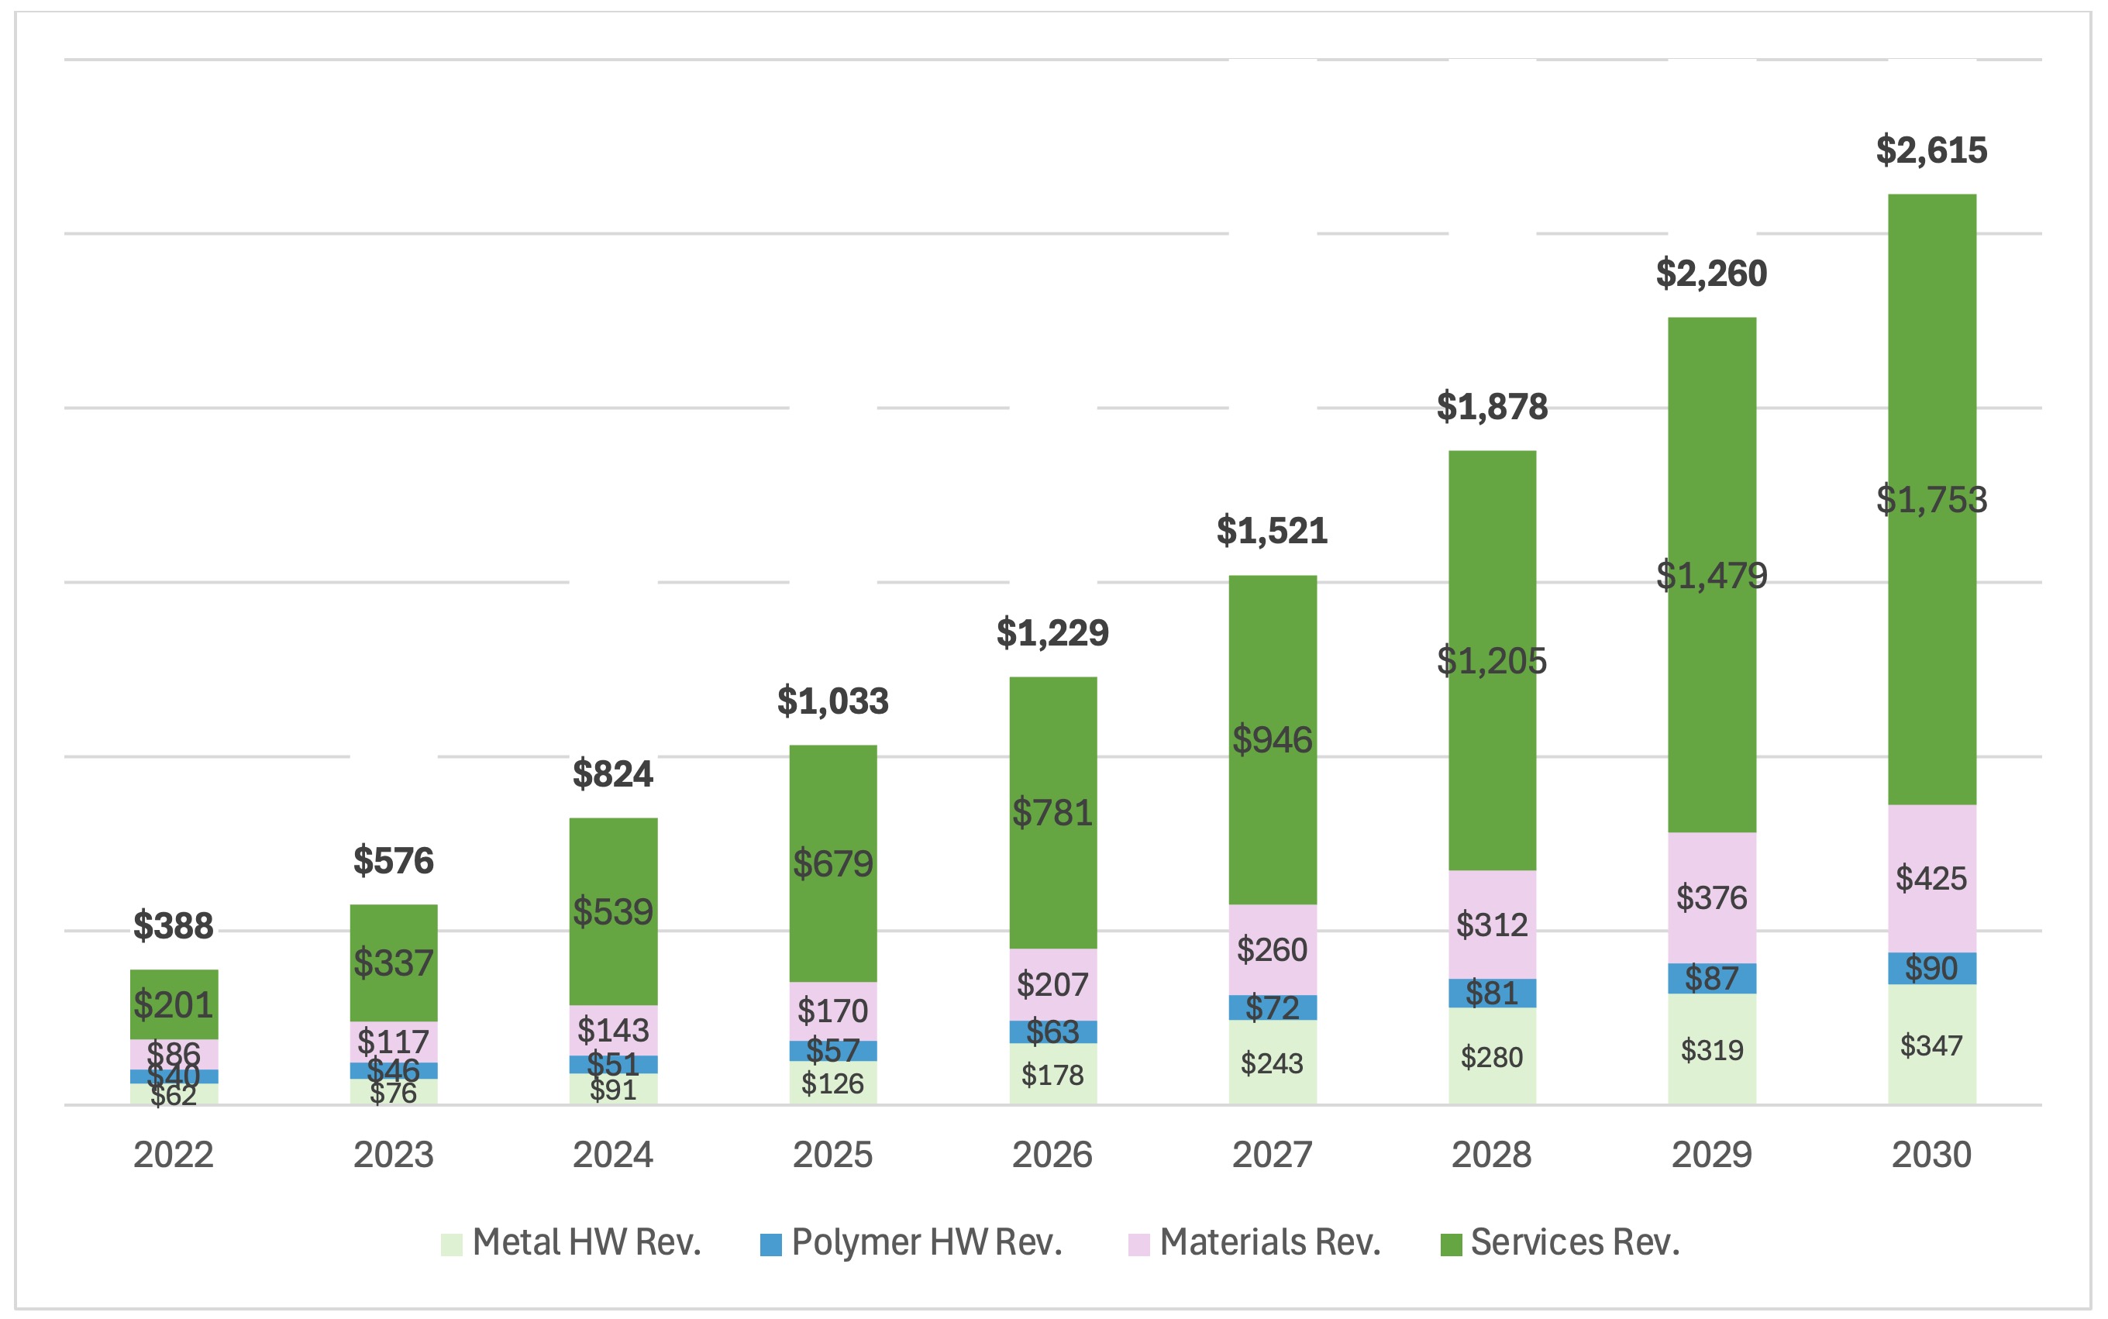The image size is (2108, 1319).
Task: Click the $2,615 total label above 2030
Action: click(1931, 150)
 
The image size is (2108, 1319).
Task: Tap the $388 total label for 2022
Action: click(173, 925)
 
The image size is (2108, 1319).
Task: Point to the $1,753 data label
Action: click(1931, 500)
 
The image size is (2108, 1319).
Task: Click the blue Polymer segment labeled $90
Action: click(1931, 968)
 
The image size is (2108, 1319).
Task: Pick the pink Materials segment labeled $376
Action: click(1711, 897)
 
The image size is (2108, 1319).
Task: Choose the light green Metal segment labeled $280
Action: click(1491, 1057)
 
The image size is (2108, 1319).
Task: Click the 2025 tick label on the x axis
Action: click(832, 1155)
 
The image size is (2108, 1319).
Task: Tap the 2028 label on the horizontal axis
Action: click(1491, 1155)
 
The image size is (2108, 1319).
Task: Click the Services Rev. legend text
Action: click(1574, 1242)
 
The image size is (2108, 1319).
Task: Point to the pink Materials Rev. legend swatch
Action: click(1138, 1244)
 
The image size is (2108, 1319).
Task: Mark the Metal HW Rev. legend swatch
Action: click(451, 1244)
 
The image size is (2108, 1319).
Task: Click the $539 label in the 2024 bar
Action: click(612, 911)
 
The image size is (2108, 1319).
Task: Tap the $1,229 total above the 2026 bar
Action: click(1052, 632)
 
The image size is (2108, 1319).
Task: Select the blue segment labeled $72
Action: click(1272, 1007)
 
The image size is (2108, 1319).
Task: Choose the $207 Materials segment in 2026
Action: click(1052, 985)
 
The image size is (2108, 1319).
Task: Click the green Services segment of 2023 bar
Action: click(394, 963)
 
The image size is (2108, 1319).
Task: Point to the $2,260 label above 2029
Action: click(1711, 274)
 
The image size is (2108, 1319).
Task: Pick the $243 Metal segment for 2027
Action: click(1272, 1063)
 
